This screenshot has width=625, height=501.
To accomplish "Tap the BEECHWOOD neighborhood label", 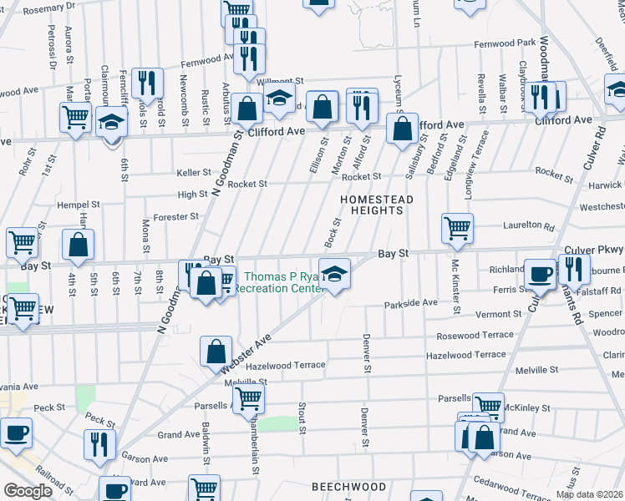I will click(348, 487).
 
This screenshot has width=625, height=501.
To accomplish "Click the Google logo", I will click(28, 491).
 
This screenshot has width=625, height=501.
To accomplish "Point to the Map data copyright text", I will click(589, 494).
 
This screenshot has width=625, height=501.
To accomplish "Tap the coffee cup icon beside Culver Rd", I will click(540, 274).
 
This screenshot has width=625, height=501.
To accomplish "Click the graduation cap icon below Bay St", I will click(334, 275).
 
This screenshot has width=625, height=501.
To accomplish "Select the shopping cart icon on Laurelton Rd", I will click(457, 227).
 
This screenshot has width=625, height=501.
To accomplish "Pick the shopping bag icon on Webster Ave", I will click(216, 352).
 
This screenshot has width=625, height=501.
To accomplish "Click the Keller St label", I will click(194, 172).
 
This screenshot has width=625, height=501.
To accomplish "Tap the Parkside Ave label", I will click(411, 303).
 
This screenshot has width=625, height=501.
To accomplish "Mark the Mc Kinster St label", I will click(456, 286).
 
